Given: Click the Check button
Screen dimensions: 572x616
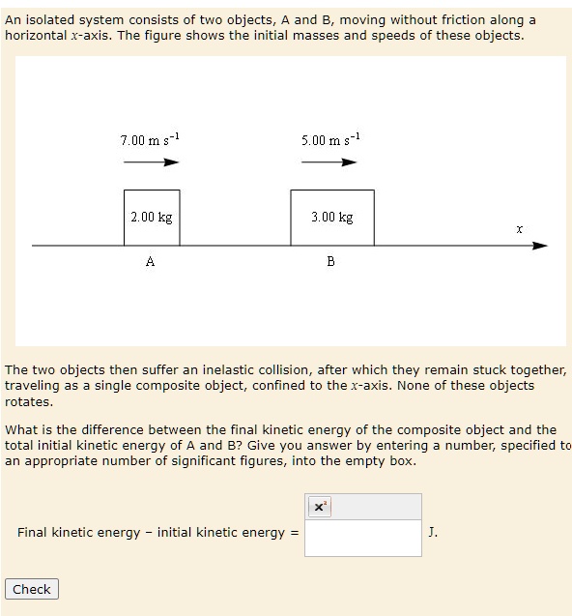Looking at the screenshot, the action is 32,589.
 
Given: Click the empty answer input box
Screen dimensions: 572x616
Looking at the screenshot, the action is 362,537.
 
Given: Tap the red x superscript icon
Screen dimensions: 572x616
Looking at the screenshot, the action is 320,506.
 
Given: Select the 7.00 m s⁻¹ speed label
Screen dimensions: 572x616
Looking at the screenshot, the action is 150,141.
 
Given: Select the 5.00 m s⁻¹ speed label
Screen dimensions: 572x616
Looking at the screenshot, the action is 330,141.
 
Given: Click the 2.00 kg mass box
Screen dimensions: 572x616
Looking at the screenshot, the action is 152,218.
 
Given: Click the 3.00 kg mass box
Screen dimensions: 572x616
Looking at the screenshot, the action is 331,218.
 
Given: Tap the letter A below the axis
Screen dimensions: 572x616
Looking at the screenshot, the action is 150,261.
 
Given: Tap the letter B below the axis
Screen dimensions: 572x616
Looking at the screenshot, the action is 330,261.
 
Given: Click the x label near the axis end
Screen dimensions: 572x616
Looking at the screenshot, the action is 519,229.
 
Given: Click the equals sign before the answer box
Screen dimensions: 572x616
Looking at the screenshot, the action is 295,532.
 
